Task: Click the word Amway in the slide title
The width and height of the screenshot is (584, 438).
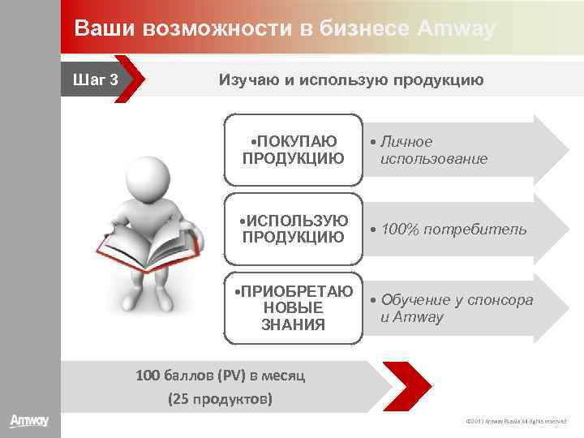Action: (456, 28)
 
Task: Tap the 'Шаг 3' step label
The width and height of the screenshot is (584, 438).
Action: (96, 79)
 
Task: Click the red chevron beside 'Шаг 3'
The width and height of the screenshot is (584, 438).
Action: (131, 79)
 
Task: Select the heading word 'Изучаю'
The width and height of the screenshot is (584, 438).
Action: (246, 79)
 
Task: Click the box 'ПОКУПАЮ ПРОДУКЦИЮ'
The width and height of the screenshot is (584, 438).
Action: (292, 149)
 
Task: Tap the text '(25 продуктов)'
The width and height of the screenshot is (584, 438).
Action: (220, 399)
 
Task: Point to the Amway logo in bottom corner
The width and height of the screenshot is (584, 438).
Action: (29, 421)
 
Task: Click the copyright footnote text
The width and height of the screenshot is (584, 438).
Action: (516, 421)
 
